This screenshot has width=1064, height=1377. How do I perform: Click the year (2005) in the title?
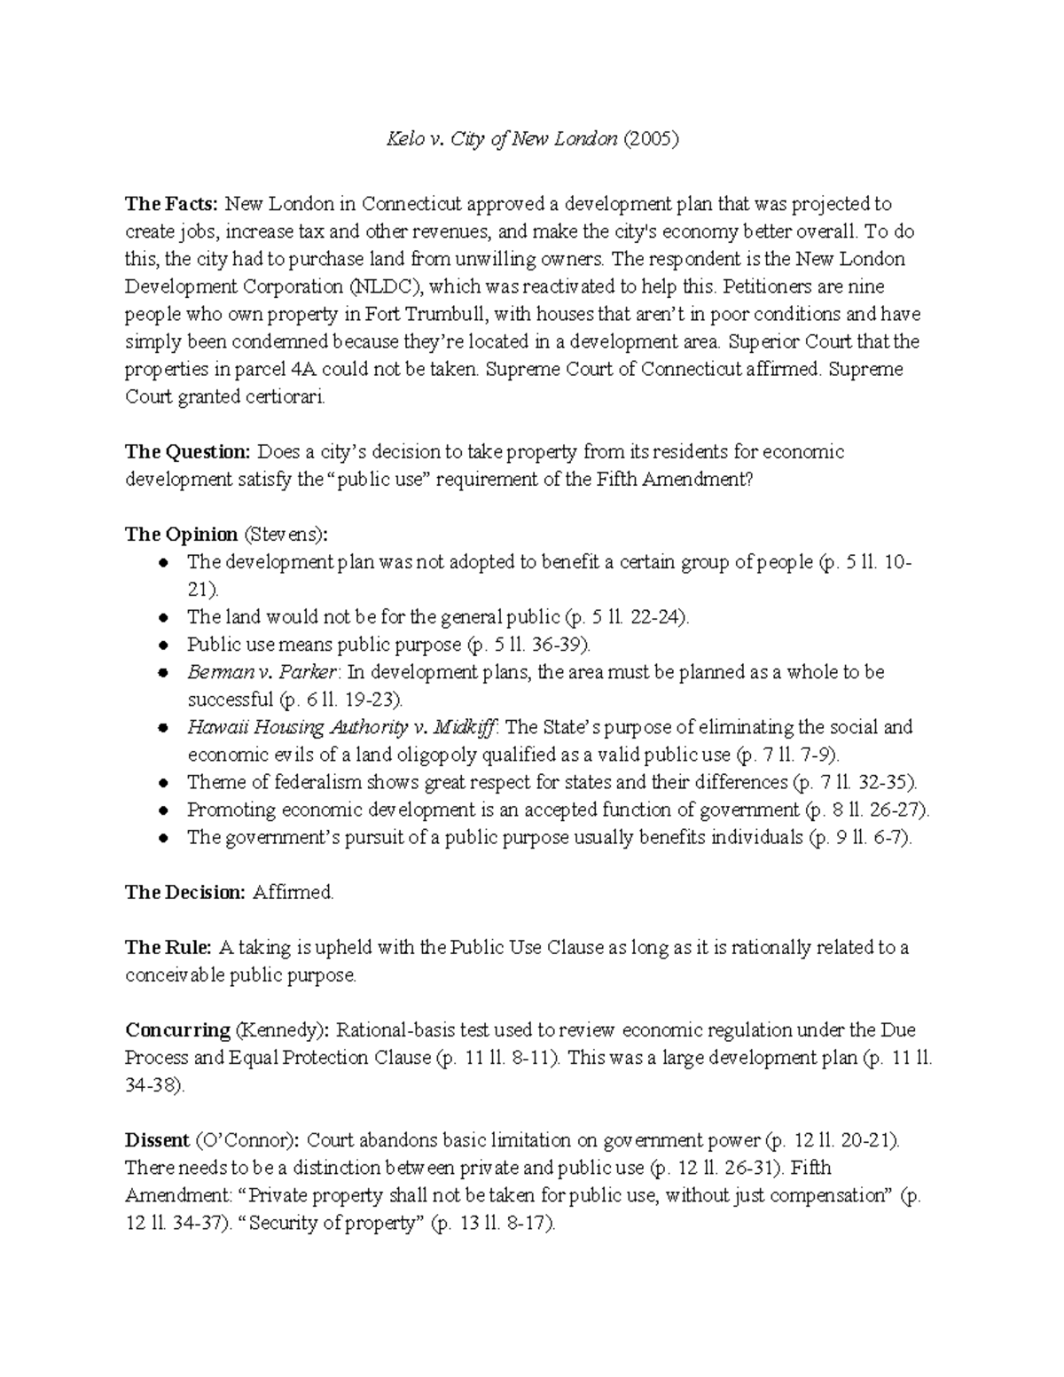click(x=652, y=139)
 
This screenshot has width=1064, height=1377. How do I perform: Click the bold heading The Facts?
click(x=170, y=205)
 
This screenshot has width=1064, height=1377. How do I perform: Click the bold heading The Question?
click(x=188, y=452)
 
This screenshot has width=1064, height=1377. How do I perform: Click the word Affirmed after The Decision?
click(x=293, y=893)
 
